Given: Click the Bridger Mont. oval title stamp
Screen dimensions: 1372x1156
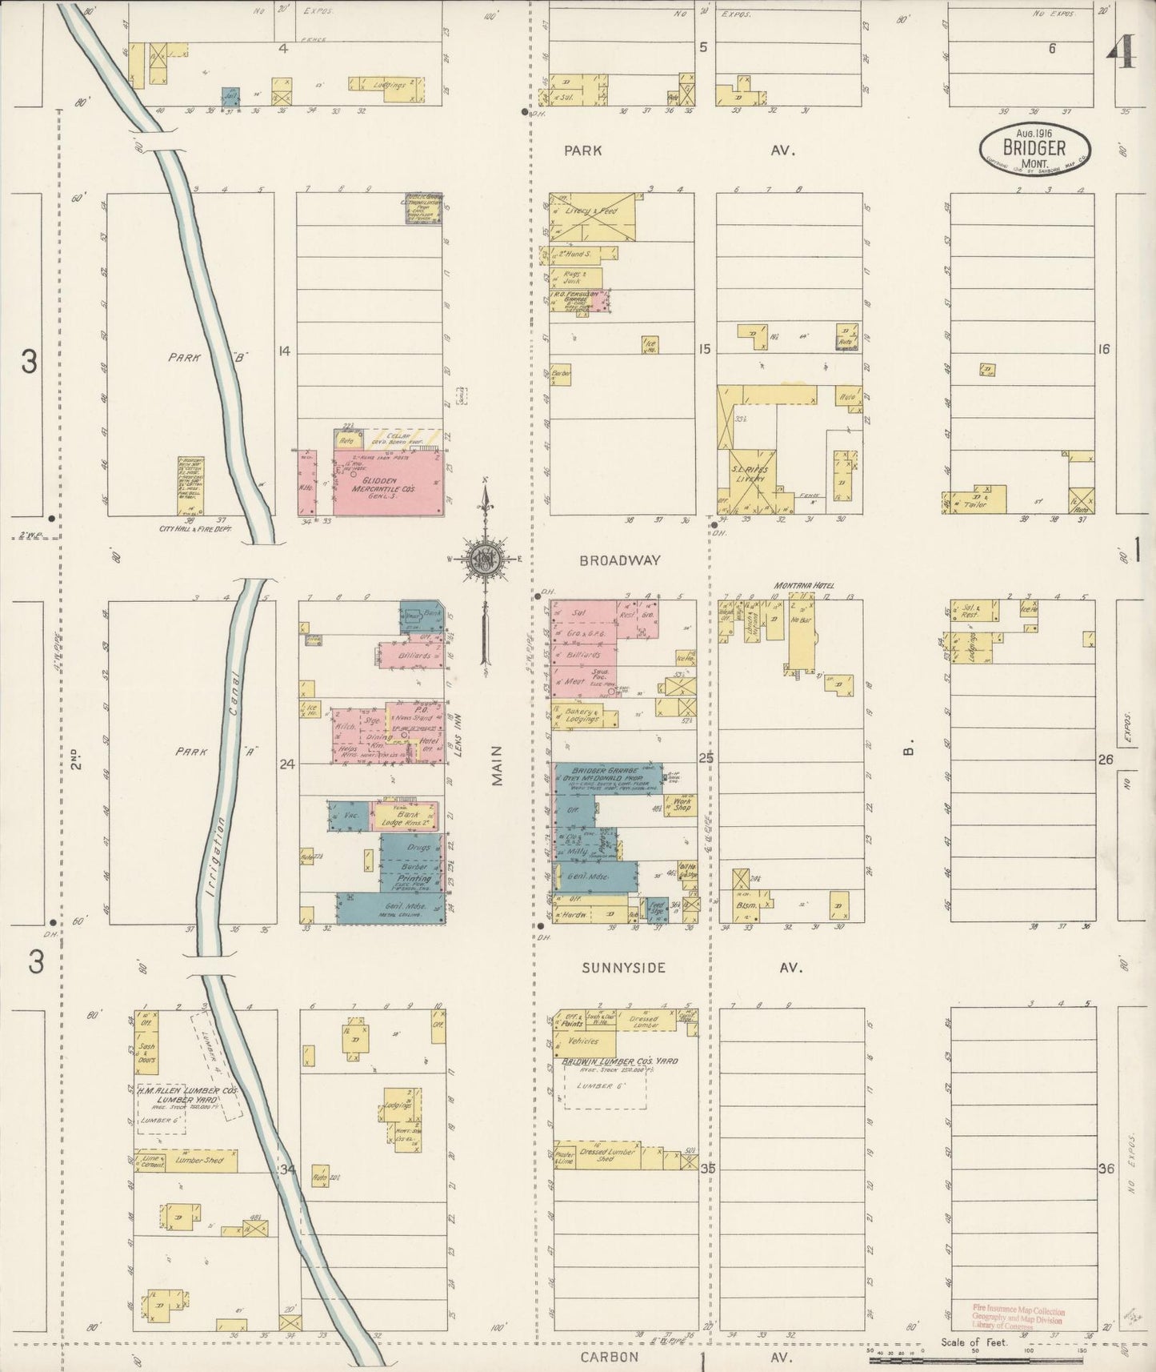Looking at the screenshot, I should pyautogui.click(x=1035, y=148).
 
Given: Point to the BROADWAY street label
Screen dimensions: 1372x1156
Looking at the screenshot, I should pyautogui.click(x=620, y=560).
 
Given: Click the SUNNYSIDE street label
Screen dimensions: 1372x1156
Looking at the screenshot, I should pyautogui.click(x=623, y=968).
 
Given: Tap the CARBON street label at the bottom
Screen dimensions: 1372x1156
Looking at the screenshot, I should pyautogui.click(x=610, y=1356).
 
